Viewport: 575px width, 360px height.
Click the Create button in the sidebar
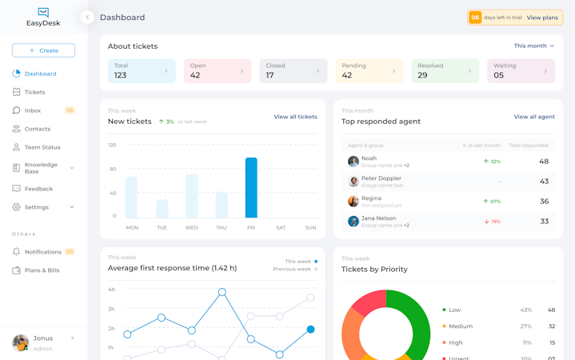[43, 50]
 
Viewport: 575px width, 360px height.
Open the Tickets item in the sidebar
[34, 92]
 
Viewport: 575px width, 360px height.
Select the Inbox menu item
[33, 110]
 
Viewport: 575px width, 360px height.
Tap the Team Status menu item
[42, 147]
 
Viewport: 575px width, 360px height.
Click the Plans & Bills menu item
[42, 270]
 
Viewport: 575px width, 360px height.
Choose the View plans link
[542, 18]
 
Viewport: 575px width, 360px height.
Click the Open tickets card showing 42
[218, 71]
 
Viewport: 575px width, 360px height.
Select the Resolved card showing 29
[445, 71]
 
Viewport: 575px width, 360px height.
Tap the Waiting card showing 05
[521, 71]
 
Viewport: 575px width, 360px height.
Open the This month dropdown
[533, 46]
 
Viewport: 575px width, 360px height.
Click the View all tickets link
[295, 117]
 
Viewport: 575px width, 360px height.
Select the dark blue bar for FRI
[251, 188]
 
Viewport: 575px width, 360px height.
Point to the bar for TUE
[162, 209]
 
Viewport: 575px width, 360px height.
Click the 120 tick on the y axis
[112, 145]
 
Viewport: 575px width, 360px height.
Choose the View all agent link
[534, 117]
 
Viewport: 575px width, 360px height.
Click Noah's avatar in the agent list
[353, 162]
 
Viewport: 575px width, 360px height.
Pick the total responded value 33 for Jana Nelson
[544, 222]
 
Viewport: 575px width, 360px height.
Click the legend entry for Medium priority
[460, 326]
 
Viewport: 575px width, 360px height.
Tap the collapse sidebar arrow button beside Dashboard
[87, 18]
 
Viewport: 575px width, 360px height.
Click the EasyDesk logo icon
[43, 12]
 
